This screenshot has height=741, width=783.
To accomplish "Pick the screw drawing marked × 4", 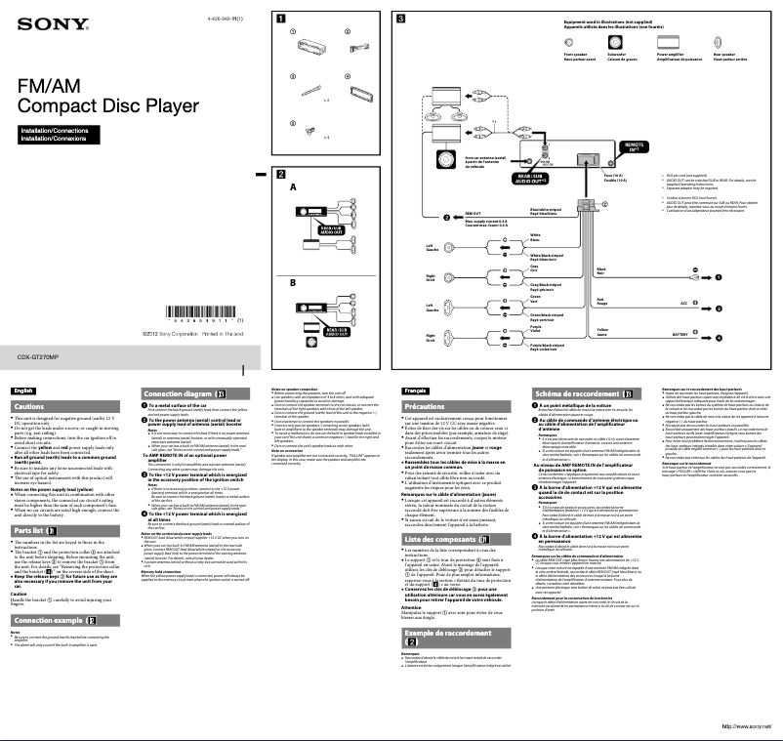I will tap(313, 128).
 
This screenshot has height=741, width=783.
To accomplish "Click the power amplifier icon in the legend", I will tap(669, 43).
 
